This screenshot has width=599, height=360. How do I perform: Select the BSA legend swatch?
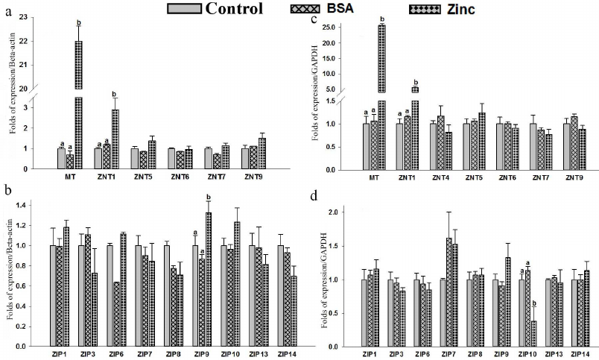(x=304, y=9)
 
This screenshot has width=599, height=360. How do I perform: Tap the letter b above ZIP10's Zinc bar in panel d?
(x=535, y=315)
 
